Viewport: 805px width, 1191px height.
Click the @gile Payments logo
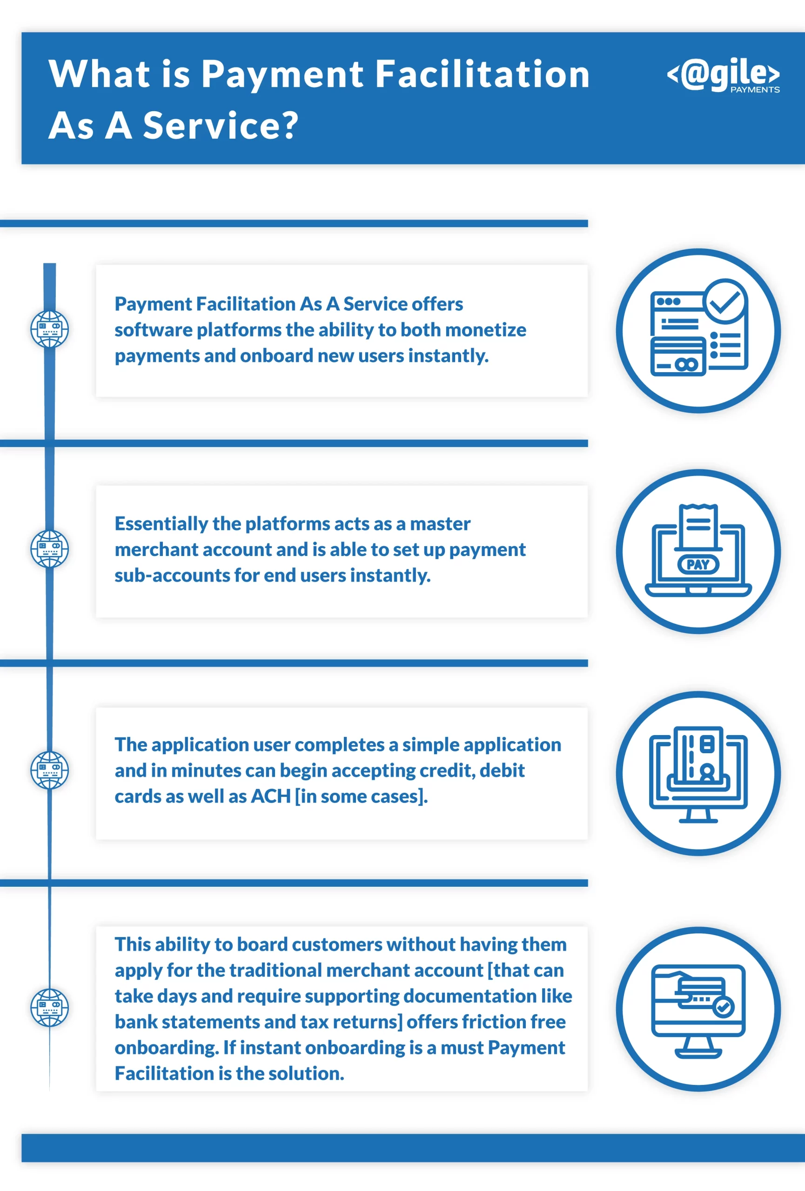tap(723, 75)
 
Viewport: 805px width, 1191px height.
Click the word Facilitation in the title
tap(482, 74)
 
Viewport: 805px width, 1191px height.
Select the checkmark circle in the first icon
tap(724, 301)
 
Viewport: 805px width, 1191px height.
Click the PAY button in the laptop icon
tap(698, 565)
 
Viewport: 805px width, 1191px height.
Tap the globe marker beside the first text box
tap(50, 329)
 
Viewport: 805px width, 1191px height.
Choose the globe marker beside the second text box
tap(50, 549)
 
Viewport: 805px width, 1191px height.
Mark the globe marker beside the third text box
tap(50, 770)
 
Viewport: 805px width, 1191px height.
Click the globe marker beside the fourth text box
tap(50, 1008)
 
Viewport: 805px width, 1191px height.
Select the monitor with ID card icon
tap(698, 774)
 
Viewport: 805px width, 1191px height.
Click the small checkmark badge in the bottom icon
tap(723, 1008)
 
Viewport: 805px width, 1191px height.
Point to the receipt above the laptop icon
tap(698, 527)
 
